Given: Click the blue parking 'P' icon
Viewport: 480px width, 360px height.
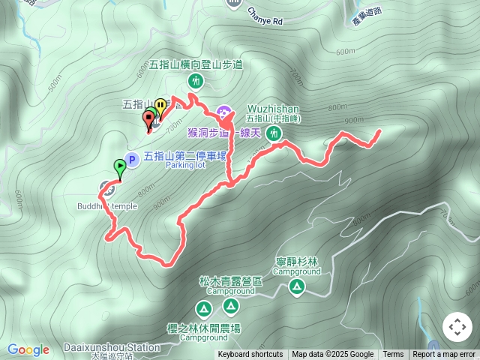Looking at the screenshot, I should [x=131, y=159].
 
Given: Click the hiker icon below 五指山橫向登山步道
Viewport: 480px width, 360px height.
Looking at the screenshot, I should [x=196, y=79].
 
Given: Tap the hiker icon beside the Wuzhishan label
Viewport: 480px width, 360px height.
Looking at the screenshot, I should [x=274, y=133].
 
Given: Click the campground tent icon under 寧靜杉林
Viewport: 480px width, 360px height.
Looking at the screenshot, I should [x=297, y=286].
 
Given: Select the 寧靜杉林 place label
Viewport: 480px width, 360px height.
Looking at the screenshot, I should [x=297, y=262].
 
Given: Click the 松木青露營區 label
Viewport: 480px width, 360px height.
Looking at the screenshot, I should [x=231, y=281].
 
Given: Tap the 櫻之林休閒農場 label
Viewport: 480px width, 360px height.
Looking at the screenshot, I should [x=204, y=328].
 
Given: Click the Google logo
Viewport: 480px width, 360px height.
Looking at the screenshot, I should [x=28, y=349].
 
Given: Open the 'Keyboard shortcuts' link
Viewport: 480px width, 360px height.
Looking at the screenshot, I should [x=250, y=355].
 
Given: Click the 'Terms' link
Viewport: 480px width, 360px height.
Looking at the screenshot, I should [x=393, y=355].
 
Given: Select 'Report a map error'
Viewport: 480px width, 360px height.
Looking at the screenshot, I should [x=445, y=355].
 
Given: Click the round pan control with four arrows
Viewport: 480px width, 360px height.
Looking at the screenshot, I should [x=457, y=327].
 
